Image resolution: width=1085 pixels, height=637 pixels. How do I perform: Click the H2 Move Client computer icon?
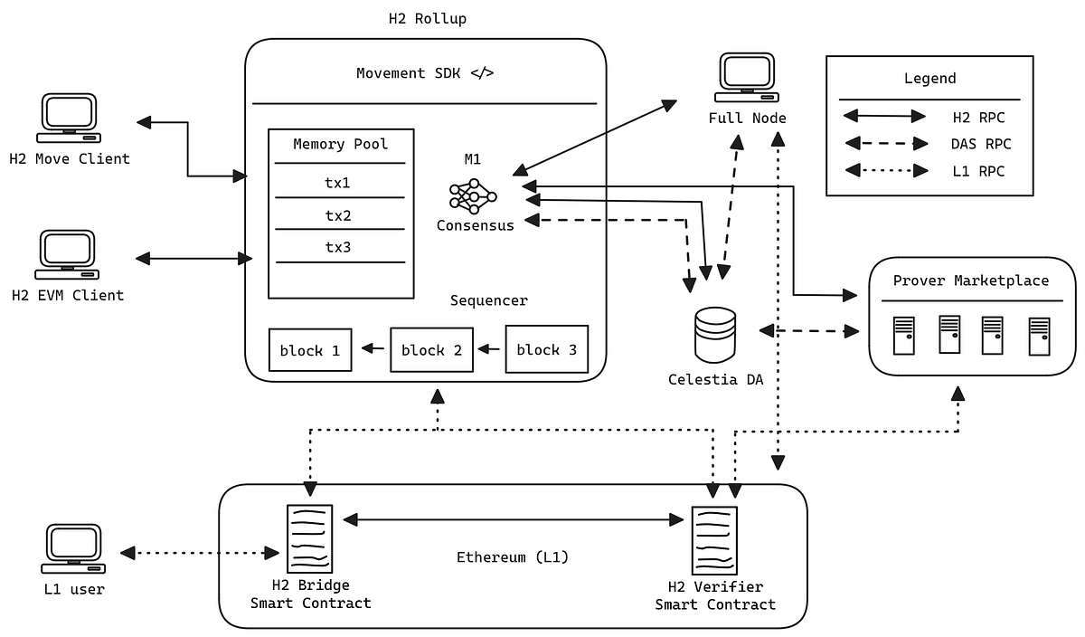pyautogui.click(x=68, y=119)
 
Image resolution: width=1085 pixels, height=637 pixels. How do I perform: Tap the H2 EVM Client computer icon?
pyautogui.click(x=68, y=254)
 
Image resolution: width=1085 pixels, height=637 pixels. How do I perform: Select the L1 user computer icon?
pyautogui.click(x=74, y=550)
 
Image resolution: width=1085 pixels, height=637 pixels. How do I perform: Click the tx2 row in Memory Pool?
pyautogui.click(x=338, y=215)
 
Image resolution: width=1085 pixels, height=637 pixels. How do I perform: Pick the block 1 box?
pyautogui.click(x=310, y=350)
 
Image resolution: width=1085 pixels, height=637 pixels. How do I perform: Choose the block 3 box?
pyautogui.click(x=546, y=349)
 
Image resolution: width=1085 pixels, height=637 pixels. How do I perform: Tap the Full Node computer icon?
pyautogui.click(x=747, y=78)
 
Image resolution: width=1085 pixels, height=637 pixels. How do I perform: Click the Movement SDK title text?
pyautogui.click(x=425, y=73)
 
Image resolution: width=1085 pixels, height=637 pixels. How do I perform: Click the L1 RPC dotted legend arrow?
pyautogui.click(x=883, y=170)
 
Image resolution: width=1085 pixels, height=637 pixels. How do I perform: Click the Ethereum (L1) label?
pyautogui.click(x=513, y=556)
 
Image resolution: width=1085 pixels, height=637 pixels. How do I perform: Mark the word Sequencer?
pyautogui.click(x=488, y=300)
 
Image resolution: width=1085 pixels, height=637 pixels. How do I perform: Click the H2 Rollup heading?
pyautogui.click(x=427, y=19)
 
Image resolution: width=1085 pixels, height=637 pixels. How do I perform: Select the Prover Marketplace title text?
pyautogui.click(x=971, y=280)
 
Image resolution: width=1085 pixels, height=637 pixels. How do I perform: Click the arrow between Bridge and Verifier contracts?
pyautogui.click(x=513, y=519)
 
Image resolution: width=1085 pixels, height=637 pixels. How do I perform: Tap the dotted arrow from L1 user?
pyautogui.click(x=199, y=552)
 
